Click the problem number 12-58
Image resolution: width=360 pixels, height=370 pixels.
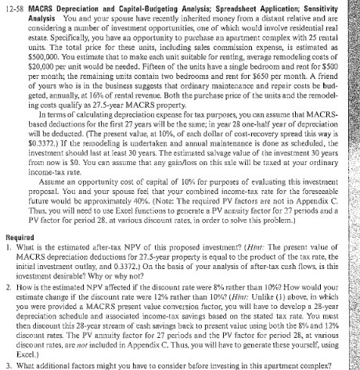[16, 5]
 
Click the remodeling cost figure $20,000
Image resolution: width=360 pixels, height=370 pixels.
[38, 60]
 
